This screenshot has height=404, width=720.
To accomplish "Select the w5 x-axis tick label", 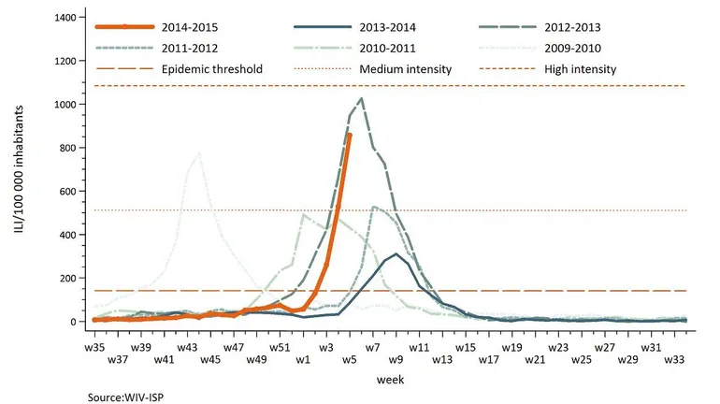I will [350, 359].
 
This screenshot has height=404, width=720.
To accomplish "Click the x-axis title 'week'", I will [390, 381].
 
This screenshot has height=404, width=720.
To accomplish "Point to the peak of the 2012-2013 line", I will [362, 98].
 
